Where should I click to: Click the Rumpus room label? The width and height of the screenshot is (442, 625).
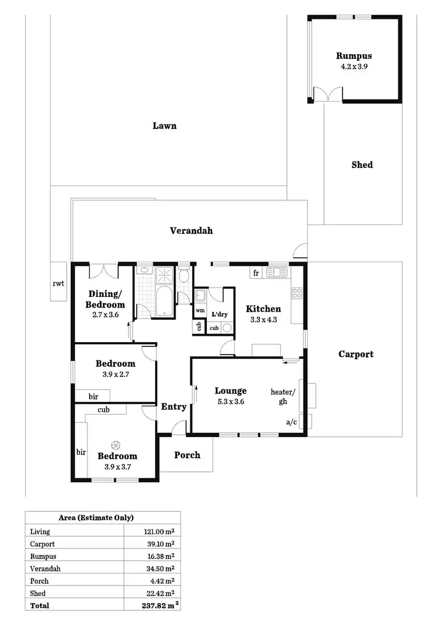click(x=354, y=56)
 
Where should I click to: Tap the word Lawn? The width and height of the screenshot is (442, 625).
click(x=164, y=125)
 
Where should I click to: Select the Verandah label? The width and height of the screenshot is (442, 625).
click(x=191, y=230)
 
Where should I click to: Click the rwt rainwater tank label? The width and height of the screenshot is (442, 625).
click(x=58, y=283)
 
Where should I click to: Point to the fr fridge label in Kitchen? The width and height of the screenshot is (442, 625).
click(x=256, y=273)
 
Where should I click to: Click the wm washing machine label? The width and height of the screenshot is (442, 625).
click(x=200, y=310)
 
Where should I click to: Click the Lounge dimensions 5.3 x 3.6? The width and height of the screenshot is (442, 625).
click(x=230, y=402)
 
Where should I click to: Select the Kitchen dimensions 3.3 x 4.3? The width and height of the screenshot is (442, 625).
click(x=263, y=320)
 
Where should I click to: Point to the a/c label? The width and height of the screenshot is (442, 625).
click(x=291, y=422)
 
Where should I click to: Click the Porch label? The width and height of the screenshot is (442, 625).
click(x=187, y=455)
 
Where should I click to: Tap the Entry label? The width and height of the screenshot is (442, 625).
click(x=174, y=406)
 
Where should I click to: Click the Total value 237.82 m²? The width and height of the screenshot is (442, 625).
click(x=156, y=605)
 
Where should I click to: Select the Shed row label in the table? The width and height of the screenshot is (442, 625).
click(x=38, y=593)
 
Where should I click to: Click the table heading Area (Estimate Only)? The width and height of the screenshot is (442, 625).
click(x=96, y=518)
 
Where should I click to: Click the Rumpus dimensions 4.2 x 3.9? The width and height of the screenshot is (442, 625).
click(x=354, y=67)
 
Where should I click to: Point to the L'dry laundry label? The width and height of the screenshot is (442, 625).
click(x=219, y=315)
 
